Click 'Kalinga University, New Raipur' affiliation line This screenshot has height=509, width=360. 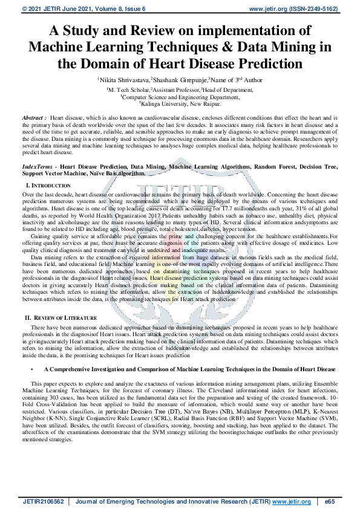pyautogui.click(x=180, y=103)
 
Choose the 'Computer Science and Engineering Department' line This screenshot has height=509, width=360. pyautogui.click(x=180, y=96)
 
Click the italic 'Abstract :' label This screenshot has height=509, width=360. pyautogui.click(x=34, y=117)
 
